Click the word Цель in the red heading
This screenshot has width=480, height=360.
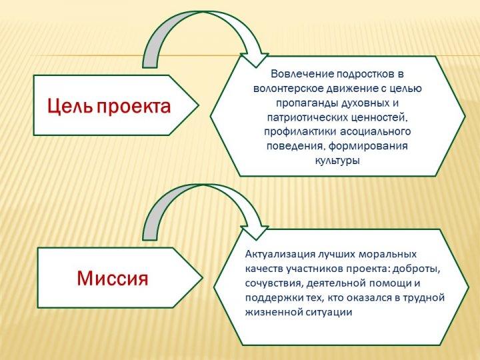point(70,106)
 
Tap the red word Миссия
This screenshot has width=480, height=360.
point(113,278)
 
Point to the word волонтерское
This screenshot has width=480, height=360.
point(288,89)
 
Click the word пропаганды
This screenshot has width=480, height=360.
point(307,103)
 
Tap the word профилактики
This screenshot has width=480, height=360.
point(300,132)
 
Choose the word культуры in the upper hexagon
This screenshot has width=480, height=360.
point(337,161)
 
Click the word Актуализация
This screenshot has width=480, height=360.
point(280,255)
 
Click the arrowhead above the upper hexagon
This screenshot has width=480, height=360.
point(254,60)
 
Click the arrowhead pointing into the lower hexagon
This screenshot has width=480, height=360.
point(254,233)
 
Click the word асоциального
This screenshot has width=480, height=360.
point(375,132)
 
